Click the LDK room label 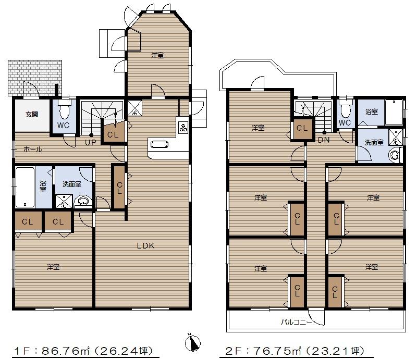point(146,246)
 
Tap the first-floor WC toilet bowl point(65,111)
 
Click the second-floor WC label point(345,123)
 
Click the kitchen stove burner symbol point(183,127)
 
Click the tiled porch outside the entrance point(35,77)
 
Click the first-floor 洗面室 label point(71,184)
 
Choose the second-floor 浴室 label point(371,111)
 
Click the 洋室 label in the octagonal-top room point(157,55)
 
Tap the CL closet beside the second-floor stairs point(302,128)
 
